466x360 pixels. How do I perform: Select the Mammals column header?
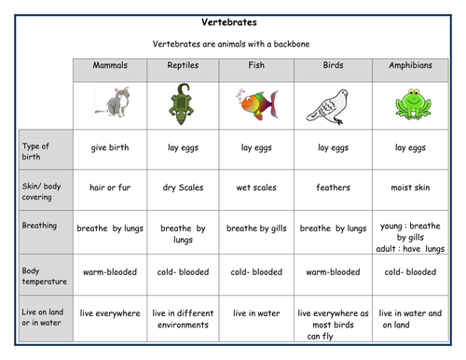point(110,66)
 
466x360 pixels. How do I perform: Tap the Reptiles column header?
point(183,66)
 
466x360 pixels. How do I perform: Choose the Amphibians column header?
point(404,66)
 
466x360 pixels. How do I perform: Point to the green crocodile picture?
point(182,103)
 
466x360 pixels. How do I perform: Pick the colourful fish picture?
point(256,102)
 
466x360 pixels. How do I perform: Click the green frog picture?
point(405,103)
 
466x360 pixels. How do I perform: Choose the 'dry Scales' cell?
point(183,187)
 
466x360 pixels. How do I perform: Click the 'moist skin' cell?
point(405,187)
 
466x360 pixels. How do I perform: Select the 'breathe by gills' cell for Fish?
point(257,228)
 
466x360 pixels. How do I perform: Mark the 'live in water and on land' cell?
point(405,319)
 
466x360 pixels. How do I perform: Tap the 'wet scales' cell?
point(256,187)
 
